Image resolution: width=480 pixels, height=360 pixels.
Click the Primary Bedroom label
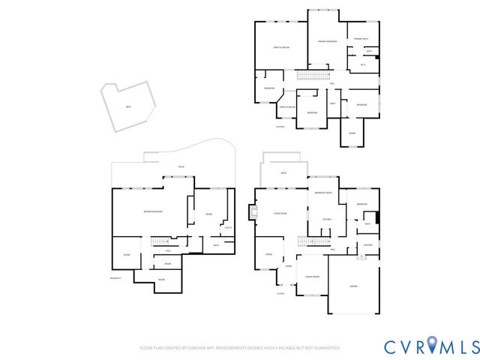click(327, 40)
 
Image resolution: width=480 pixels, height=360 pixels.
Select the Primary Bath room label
click(361, 38)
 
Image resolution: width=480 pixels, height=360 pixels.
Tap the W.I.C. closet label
click(363, 64)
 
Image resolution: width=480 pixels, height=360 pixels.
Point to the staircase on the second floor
click(313, 74)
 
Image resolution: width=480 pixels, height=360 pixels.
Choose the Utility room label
click(227, 227)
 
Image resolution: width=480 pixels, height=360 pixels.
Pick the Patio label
click(181, 166)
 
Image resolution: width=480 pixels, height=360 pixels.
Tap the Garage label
click(352, 287)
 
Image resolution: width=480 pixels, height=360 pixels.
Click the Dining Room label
click(310, 277)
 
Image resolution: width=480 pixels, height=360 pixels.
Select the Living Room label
click(279, 213)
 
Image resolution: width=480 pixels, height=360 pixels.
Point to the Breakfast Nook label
click(324, 193)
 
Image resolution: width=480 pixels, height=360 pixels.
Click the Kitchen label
click(327, 219)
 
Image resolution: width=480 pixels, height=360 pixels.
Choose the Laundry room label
click(368, 244)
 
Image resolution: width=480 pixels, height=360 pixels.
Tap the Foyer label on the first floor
click(288, 266)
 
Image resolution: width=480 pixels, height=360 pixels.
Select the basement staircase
click(160, 241)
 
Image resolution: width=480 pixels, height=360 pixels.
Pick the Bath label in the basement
click(216, 245)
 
